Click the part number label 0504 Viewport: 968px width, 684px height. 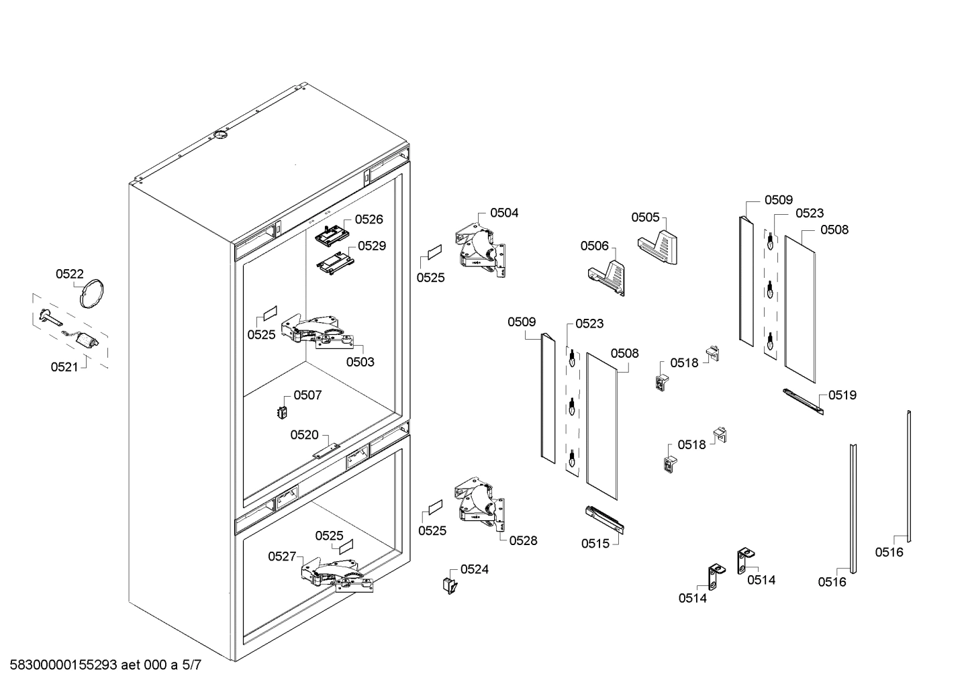[x=504, y=213]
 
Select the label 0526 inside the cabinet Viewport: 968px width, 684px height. [x=369, y=219]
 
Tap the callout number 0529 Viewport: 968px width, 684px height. [x=371, y=246]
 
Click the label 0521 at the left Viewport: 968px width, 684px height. [x=64, y=367]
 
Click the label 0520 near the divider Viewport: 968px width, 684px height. [x=304, y=435]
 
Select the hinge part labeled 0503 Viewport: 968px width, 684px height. [x=318, y=330]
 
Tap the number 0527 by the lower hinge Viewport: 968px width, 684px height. [x=282, y=556]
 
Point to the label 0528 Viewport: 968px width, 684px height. [x=523, y=540]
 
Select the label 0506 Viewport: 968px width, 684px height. [x=595, y=246]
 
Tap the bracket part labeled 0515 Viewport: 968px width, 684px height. [x=604, y=519]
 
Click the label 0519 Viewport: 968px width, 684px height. [x=842, y=395]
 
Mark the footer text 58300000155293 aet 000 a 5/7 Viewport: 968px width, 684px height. [x=102, y=665]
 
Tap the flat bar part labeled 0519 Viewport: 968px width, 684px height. [x=803, y=401]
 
